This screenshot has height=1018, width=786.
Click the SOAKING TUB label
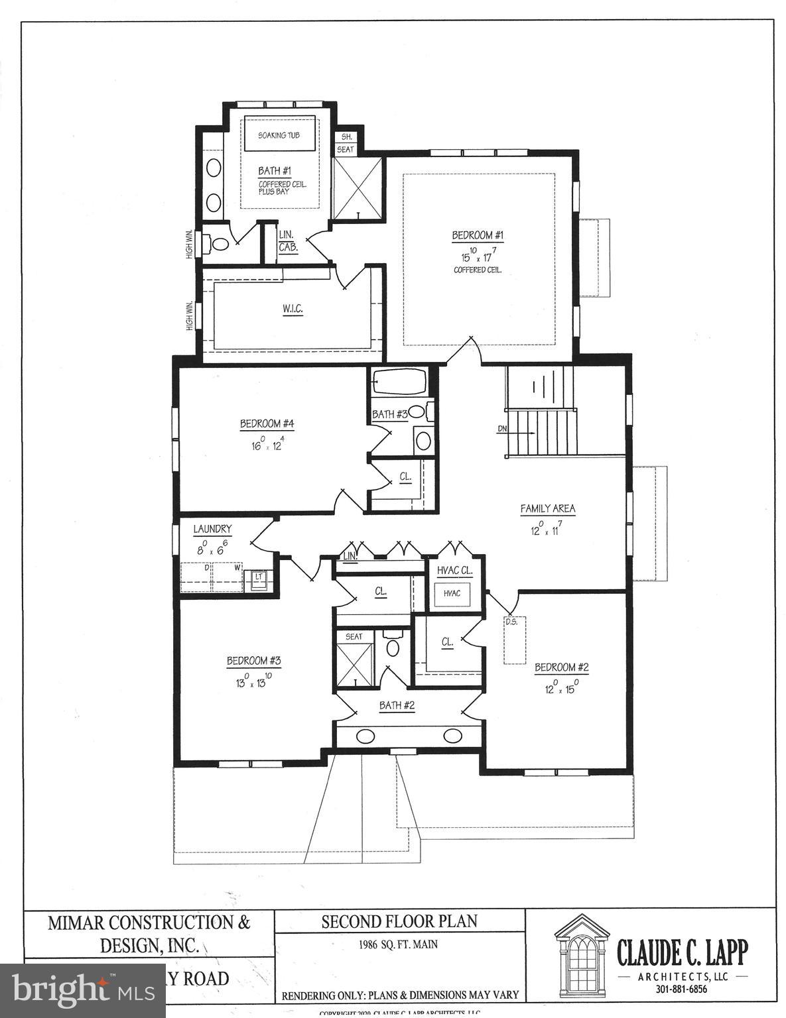coord(279,135)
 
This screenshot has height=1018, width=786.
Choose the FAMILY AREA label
coord(547,509)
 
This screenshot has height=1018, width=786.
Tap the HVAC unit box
coord(452,593)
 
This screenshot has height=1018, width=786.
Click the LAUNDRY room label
coord(212,529)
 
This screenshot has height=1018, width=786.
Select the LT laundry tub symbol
coord(259,577)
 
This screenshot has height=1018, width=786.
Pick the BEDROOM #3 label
coord(255,661)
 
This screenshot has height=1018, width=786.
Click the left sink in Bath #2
coord(365,735)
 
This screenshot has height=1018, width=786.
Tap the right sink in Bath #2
coord(453,735)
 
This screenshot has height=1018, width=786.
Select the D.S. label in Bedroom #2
coord(511,622)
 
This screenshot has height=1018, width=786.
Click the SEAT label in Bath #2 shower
coord(354,636)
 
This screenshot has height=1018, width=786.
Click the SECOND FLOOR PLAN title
coord(399,921)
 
